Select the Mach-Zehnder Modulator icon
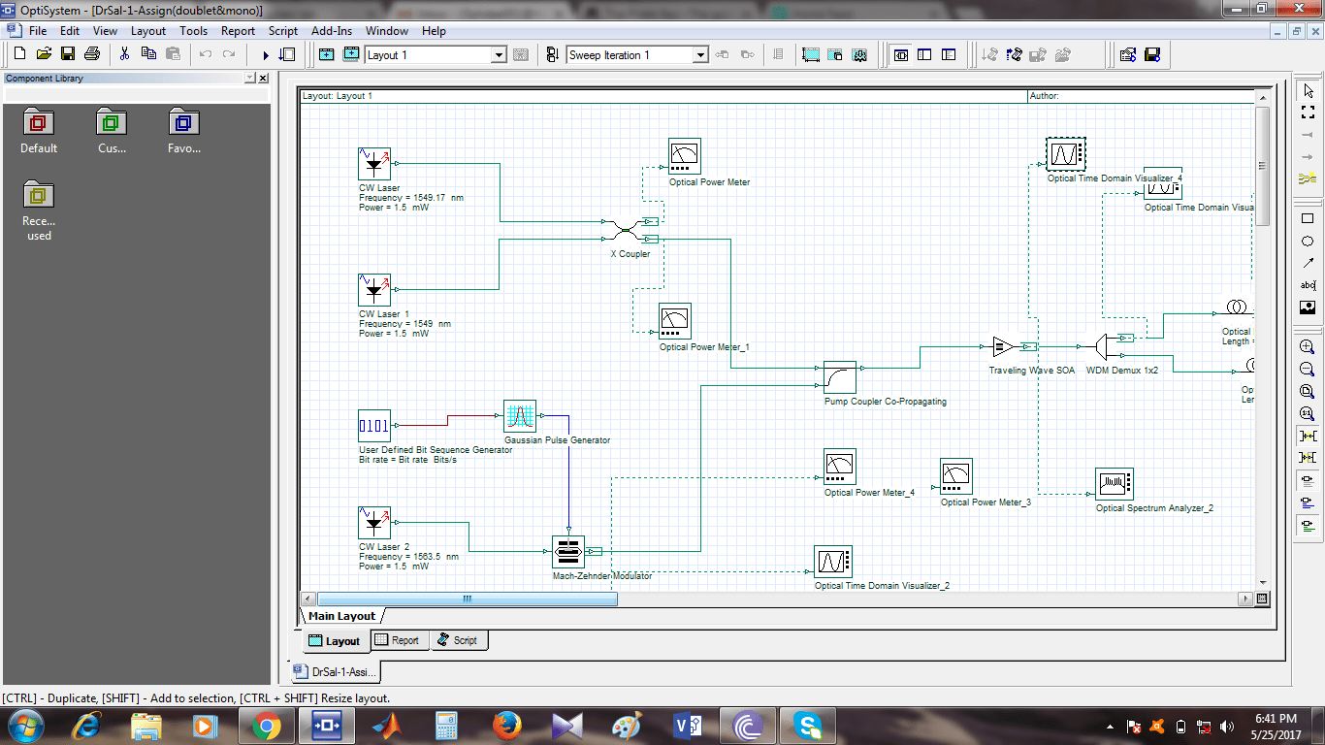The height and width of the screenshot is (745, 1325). (x=568, y=551)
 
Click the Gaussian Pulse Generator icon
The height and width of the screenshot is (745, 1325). (x=520, y=416)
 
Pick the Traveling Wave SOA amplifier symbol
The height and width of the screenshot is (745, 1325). (x=1004, y=346)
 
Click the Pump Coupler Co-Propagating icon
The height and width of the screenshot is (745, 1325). (x=840, y=377)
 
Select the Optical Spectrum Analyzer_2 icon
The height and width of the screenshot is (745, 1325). (x=1115, y=484)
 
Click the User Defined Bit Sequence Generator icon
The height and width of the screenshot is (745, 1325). (x=374, y=426)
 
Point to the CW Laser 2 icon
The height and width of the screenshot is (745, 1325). (x=374, y=523)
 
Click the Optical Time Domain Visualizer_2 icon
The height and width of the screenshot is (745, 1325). (x=833, y=562)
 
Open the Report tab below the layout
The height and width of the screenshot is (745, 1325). (x=398, y=640)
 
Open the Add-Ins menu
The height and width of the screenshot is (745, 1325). (x=332, y=31)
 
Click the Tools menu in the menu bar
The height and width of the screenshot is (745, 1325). (x=193, y=31)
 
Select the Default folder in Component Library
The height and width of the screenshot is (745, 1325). (x=39, y=131)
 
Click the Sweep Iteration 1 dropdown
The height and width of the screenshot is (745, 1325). (x=637, y=55)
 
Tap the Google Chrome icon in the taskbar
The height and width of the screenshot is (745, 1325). (x=266, y=725)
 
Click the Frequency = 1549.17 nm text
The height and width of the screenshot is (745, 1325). (x=410, y=198)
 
